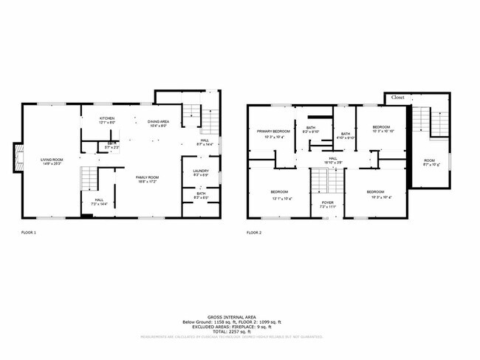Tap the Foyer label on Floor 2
tap(326, 204)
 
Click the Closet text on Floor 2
tap(397, 97)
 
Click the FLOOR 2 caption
tap(254, 233)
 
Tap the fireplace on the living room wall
tap(18, 157)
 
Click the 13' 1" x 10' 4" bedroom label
tap(281, 196)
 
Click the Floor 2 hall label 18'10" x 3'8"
tap(332, 161)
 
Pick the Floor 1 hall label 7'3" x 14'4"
tap(98, 201)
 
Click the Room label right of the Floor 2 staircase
tap(429, 162)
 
